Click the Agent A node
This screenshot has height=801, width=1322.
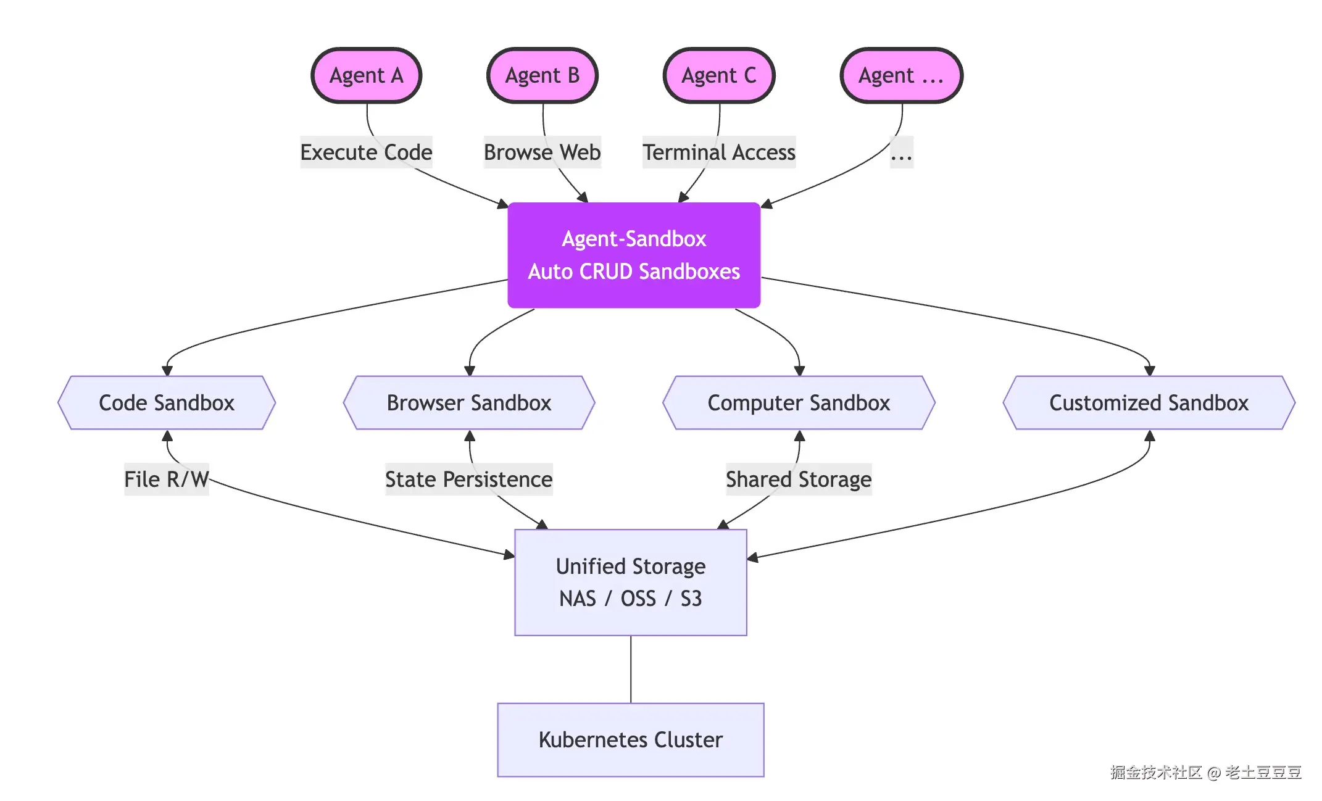[366, 76]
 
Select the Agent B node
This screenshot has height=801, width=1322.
[543, 76]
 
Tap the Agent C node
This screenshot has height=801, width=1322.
[719, 76]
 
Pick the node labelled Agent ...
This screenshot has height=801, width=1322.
[901, 76]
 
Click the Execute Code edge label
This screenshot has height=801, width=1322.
[366, 152]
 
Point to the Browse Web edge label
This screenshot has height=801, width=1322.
[542, 152]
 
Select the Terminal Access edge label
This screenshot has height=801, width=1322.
[719, 152]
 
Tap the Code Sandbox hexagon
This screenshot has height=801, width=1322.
[167, 403]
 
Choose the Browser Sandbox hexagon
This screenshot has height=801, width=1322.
[469, 403]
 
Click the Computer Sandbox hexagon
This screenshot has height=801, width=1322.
[799, 403]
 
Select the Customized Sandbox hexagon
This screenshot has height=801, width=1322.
[1149, 403]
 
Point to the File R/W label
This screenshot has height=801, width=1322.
[167, 479]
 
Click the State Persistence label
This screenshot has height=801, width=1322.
[469, 479]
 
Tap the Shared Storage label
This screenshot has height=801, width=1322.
[799, 479]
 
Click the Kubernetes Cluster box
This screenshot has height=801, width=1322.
[631, 740]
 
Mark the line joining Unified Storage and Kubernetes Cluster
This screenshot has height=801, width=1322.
[631, 670]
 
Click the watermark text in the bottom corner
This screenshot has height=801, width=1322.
[1205, 773]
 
